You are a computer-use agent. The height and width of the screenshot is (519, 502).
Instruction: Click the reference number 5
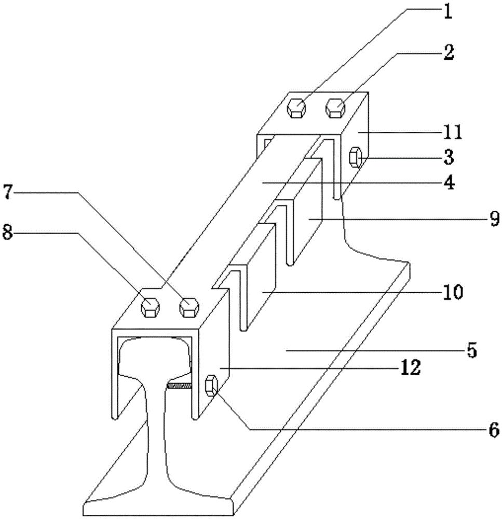point(470,351)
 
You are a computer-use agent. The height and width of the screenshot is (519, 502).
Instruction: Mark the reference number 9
point(493,220)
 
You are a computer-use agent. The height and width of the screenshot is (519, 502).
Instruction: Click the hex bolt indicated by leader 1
point(296,107)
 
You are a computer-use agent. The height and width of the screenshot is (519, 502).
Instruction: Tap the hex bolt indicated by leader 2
point(335,108)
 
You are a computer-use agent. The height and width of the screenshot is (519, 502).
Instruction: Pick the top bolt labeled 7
point(188,307)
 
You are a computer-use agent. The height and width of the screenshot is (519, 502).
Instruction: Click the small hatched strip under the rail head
point(180,385)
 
